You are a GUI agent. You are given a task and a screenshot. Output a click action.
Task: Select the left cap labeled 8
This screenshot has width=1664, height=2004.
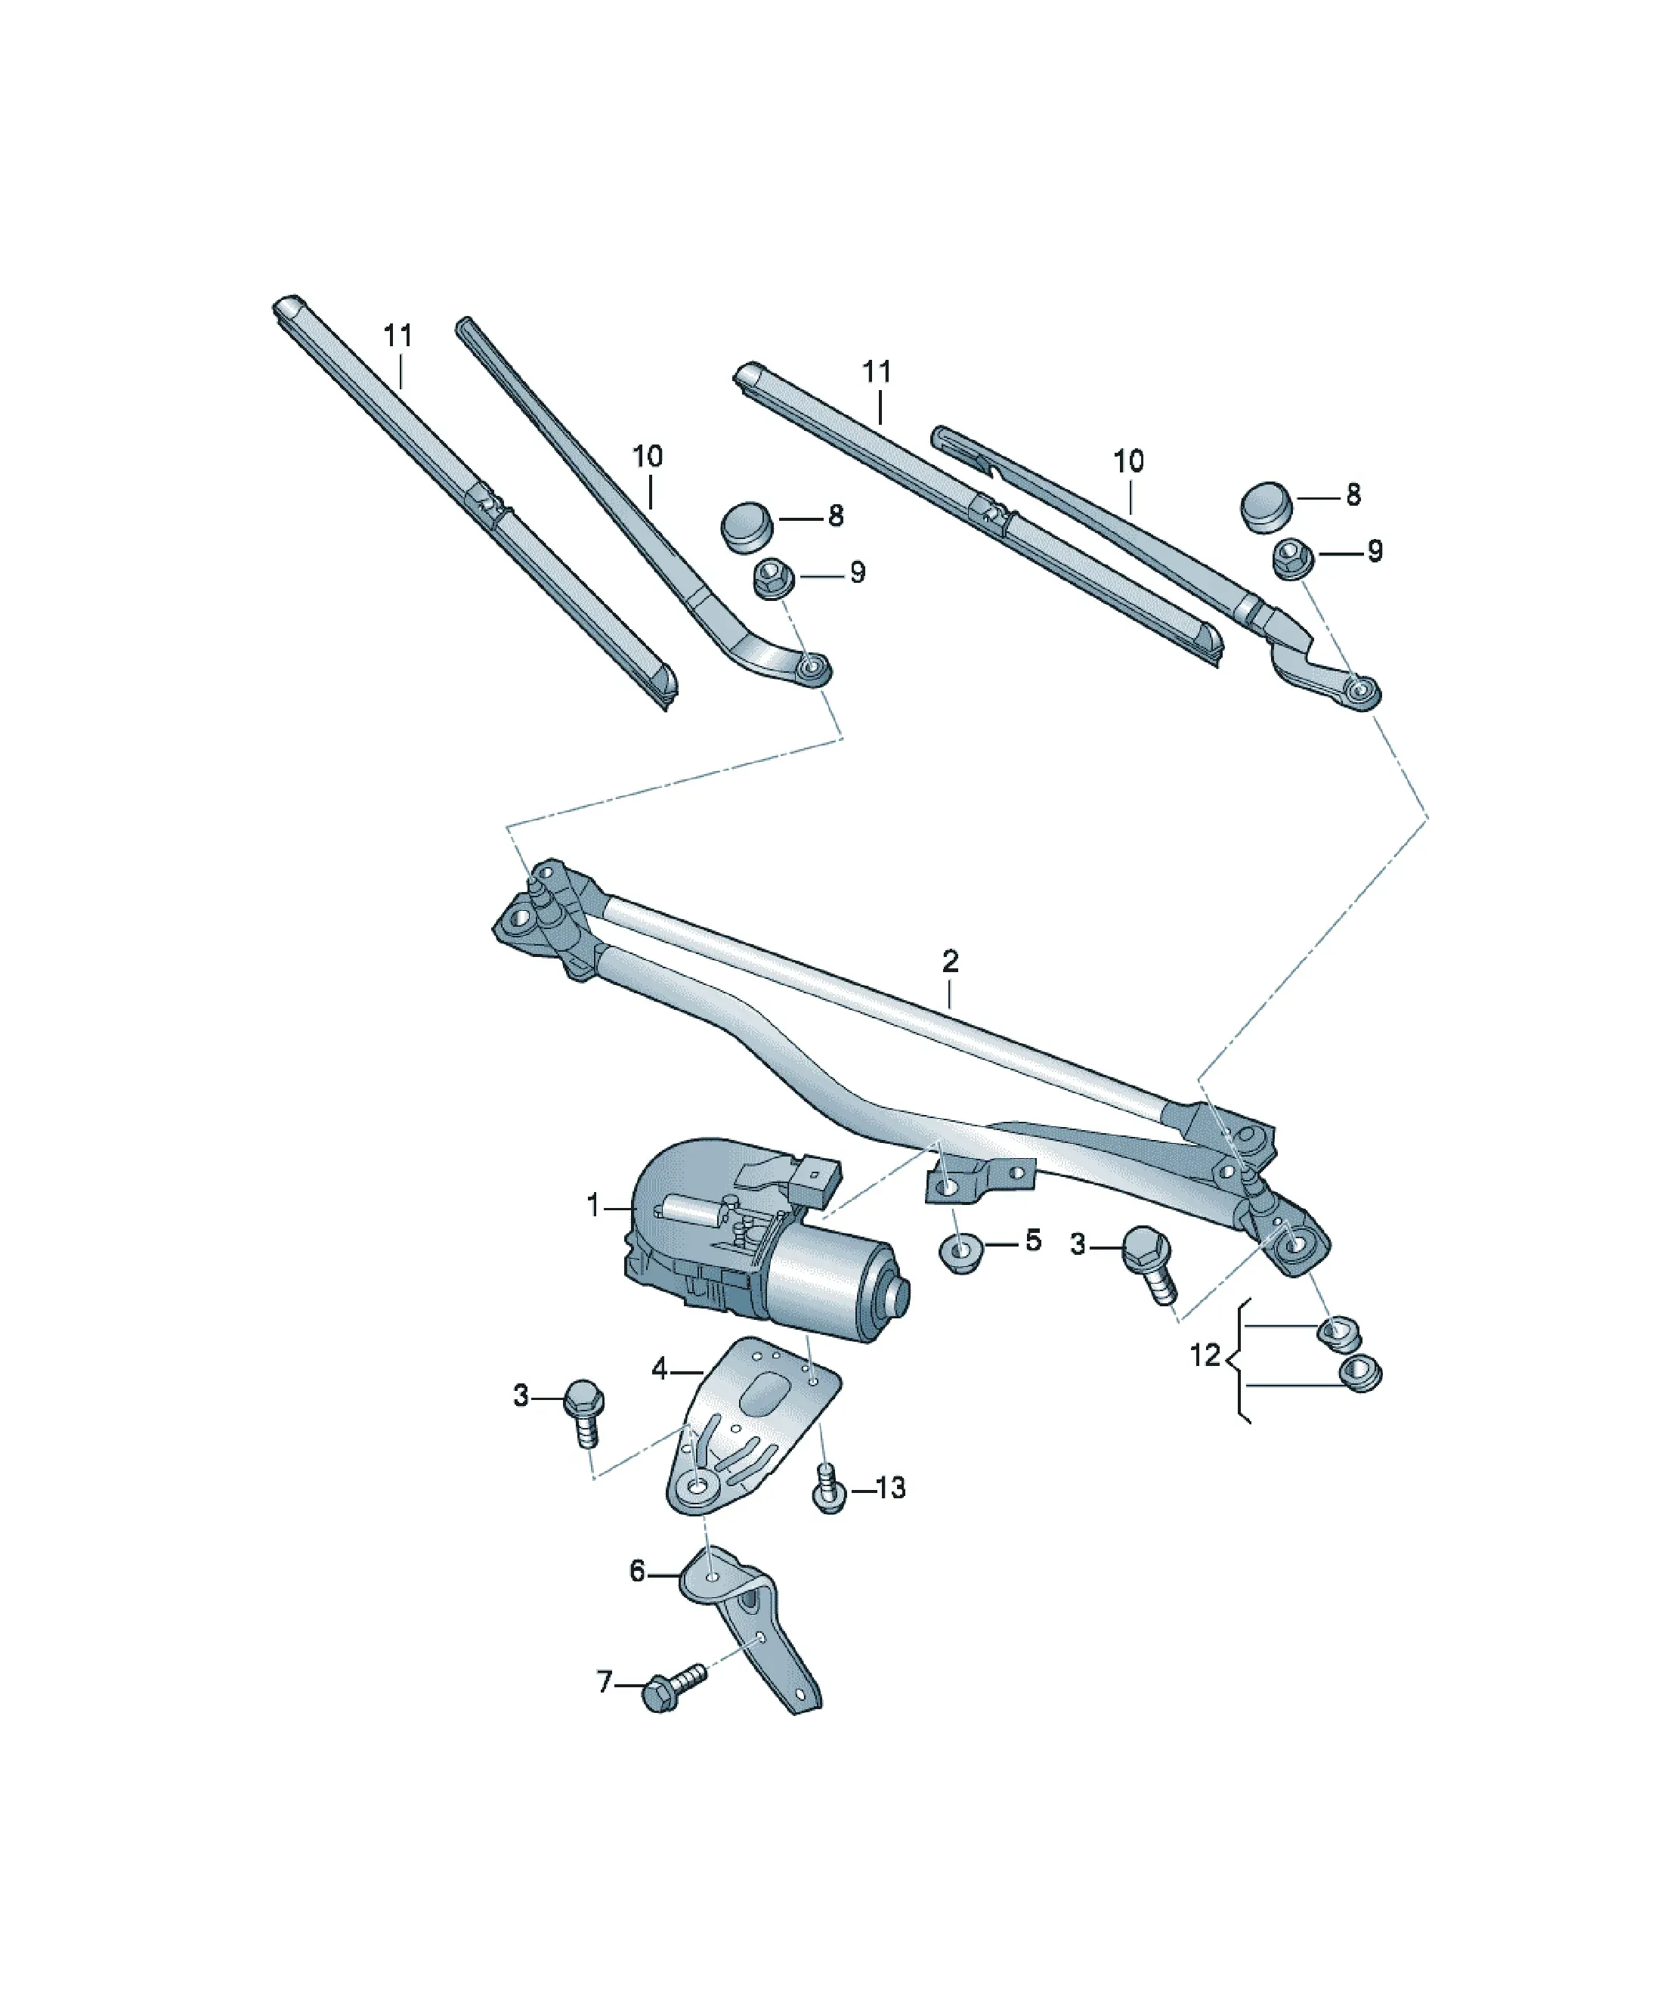[x=747, y=528]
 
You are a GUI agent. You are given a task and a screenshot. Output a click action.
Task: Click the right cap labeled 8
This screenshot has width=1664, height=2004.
[x=1267, y=508]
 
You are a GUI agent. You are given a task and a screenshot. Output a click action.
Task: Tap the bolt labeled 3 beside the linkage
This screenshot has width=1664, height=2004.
[x=1149, y=1263]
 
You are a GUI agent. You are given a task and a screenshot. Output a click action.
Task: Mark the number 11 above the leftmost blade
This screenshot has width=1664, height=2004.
[x=398, y=335]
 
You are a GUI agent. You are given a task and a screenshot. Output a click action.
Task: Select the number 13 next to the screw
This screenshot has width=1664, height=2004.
[x=889, y=1488]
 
